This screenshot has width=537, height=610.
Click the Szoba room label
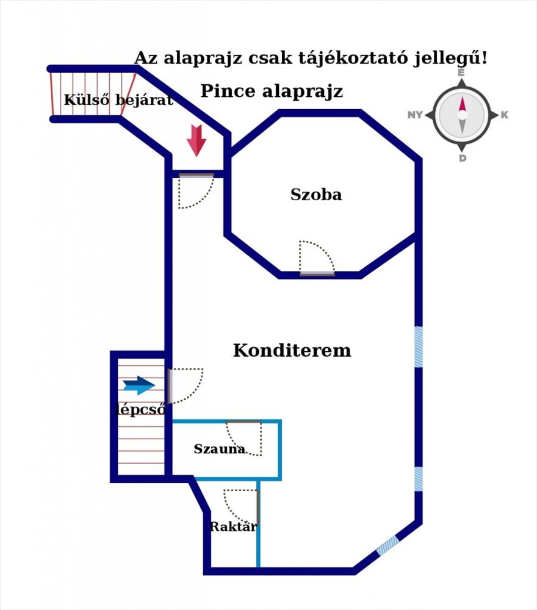(316, 195)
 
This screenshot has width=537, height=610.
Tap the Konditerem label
(292, 351)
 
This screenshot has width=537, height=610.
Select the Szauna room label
(220, 449)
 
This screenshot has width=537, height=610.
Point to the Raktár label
(234, 527)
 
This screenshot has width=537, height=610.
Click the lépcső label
(141, 410)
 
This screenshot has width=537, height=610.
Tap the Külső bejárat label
(118, 100)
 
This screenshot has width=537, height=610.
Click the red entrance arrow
(196, 140)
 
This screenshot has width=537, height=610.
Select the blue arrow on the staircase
(139, 386)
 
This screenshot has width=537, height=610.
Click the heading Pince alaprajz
(272, 91)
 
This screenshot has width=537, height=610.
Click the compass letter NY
(415, 115)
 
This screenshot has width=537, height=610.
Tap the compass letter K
(504, 115)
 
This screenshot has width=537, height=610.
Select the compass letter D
(463, 158)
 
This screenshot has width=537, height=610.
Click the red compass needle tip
(463, 97)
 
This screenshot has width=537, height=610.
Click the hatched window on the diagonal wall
(387, 545)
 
